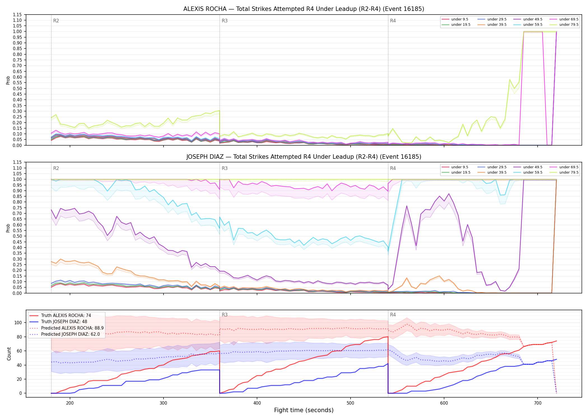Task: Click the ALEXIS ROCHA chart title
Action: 304,9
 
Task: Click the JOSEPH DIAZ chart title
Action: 304,157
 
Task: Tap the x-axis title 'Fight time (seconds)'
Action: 304,410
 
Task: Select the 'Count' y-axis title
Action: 9,354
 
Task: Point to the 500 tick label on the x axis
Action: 350,403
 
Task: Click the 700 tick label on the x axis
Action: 538,403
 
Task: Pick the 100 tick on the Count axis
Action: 18,323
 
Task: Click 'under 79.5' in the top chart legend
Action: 569,25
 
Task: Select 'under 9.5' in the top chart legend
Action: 460,19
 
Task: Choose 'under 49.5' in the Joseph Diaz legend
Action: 533,167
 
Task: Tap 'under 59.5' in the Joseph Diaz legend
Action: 533,172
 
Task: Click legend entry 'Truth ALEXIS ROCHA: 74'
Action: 66,315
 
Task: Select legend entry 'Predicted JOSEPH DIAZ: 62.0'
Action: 70,334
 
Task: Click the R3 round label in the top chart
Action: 225,21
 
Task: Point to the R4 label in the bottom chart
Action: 393,315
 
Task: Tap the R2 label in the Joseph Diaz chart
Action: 56,168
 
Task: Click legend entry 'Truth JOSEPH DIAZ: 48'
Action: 64,322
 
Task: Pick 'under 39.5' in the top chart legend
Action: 497,25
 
